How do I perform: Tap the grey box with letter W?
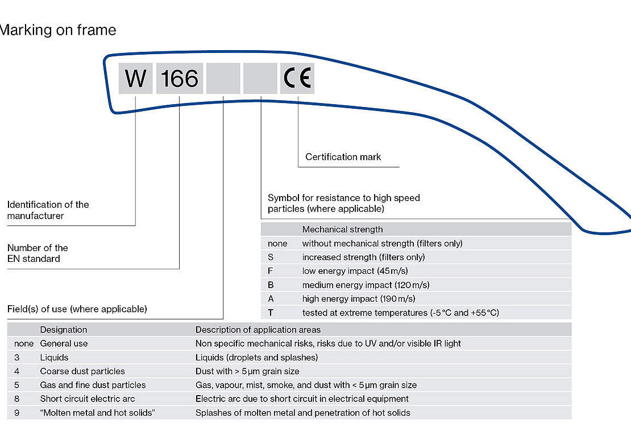point(136,78)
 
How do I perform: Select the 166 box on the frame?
point(179,78)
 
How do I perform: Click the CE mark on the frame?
point(297,78)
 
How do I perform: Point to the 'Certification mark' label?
point(343,157)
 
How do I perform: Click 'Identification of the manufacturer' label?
point(48,210)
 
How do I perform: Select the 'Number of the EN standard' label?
point(38,253)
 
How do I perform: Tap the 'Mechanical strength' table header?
point(342,229)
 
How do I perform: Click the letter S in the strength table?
point(271,257)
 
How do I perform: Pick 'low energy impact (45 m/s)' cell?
point(355,271)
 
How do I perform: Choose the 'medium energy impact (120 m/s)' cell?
point(366,285)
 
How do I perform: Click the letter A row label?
point(271,298)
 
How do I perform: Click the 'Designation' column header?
point(64,330)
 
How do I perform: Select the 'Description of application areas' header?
point(258,330)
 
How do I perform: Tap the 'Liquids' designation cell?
point(54,358)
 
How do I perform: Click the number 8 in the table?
point(17,399)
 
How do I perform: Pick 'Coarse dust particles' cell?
point(82,371)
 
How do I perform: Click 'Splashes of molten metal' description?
point(302,413)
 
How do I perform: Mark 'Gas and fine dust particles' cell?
point(93,385)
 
